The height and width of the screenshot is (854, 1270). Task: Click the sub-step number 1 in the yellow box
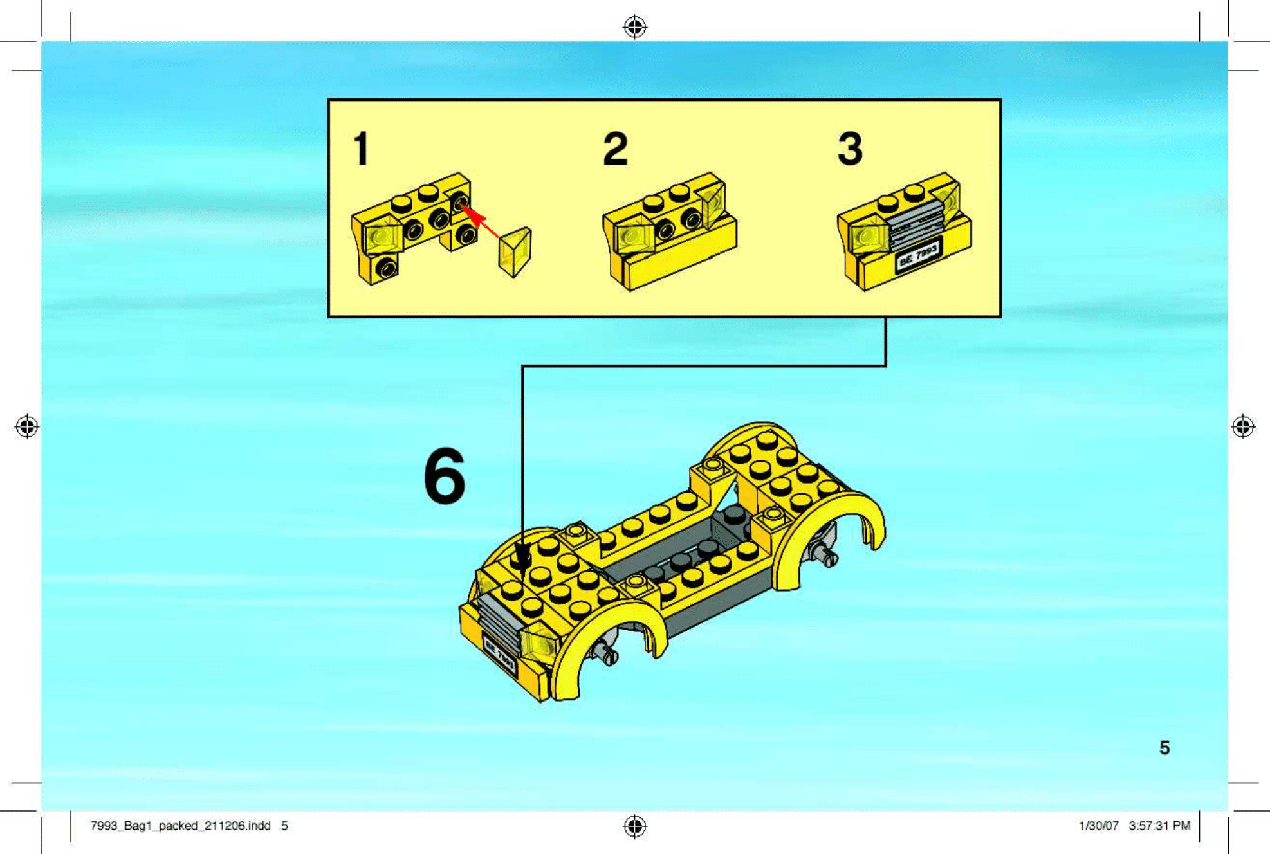click(362, 149)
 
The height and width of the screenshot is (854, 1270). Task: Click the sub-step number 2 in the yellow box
click(615, 149)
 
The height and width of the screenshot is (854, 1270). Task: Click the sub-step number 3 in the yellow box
click(850, 149)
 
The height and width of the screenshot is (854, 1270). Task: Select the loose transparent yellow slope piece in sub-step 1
click(515, 252)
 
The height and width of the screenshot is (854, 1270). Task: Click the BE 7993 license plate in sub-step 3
click(919, 253)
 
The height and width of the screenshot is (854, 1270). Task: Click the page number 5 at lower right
click(1164, 748)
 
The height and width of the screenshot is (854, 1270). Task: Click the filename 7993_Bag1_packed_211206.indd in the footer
click(180, 826)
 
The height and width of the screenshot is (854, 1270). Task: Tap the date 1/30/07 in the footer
click(1098, 826)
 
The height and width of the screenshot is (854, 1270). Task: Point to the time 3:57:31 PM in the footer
click(1159, 826)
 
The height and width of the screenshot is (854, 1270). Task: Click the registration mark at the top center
click(635, 27)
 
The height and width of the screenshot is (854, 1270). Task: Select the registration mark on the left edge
click(27, 426)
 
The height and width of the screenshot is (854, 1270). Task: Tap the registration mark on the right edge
click(1243, 426)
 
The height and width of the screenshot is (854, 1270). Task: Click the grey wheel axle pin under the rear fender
click(824, 553)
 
